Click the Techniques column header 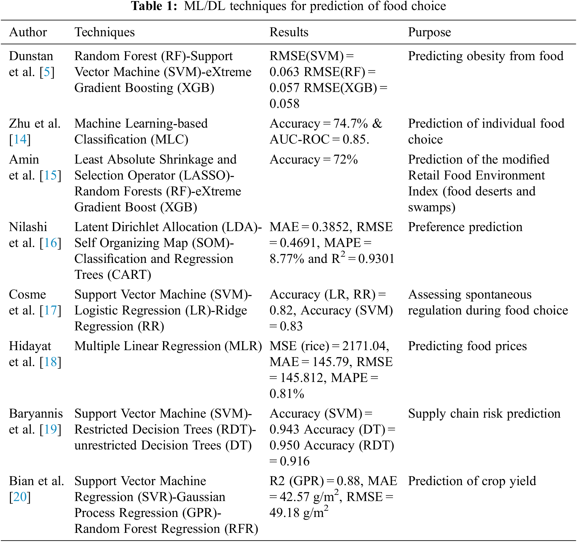point(104,32)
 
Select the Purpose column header point(429,32)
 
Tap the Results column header point(289,32)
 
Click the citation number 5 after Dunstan point(47,72)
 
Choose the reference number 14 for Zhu point(20,139)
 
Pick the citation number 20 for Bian point(20,497)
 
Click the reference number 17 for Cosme point(50,310)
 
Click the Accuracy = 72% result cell point(313,160)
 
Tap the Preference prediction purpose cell point(465,227)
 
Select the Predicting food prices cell point(467,346)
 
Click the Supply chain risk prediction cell point(484,414)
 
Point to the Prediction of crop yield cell point(472,481)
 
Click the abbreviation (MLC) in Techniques point(170,140)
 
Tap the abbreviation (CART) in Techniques point(129,275)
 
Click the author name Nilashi point(28,227)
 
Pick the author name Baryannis point(36,414)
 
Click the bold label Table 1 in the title point(154,6)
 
